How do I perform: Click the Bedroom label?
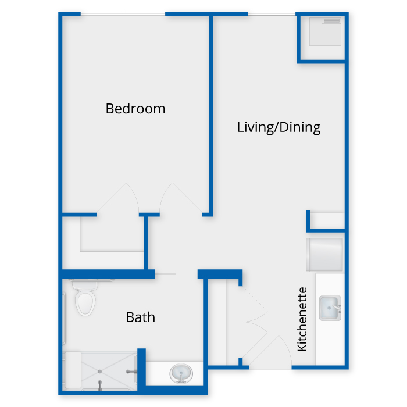[x=135, y=109]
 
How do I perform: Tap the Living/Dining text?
[x=279, y=127]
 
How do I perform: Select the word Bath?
[x=141, y=317]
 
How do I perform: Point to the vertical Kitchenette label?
[x=302, y=319]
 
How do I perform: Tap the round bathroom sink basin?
[x=180, y=373]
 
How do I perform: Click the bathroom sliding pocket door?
[x=166, y=274]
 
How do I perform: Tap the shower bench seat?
[x=72, y=370]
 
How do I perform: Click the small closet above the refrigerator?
[x=327, y=221]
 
